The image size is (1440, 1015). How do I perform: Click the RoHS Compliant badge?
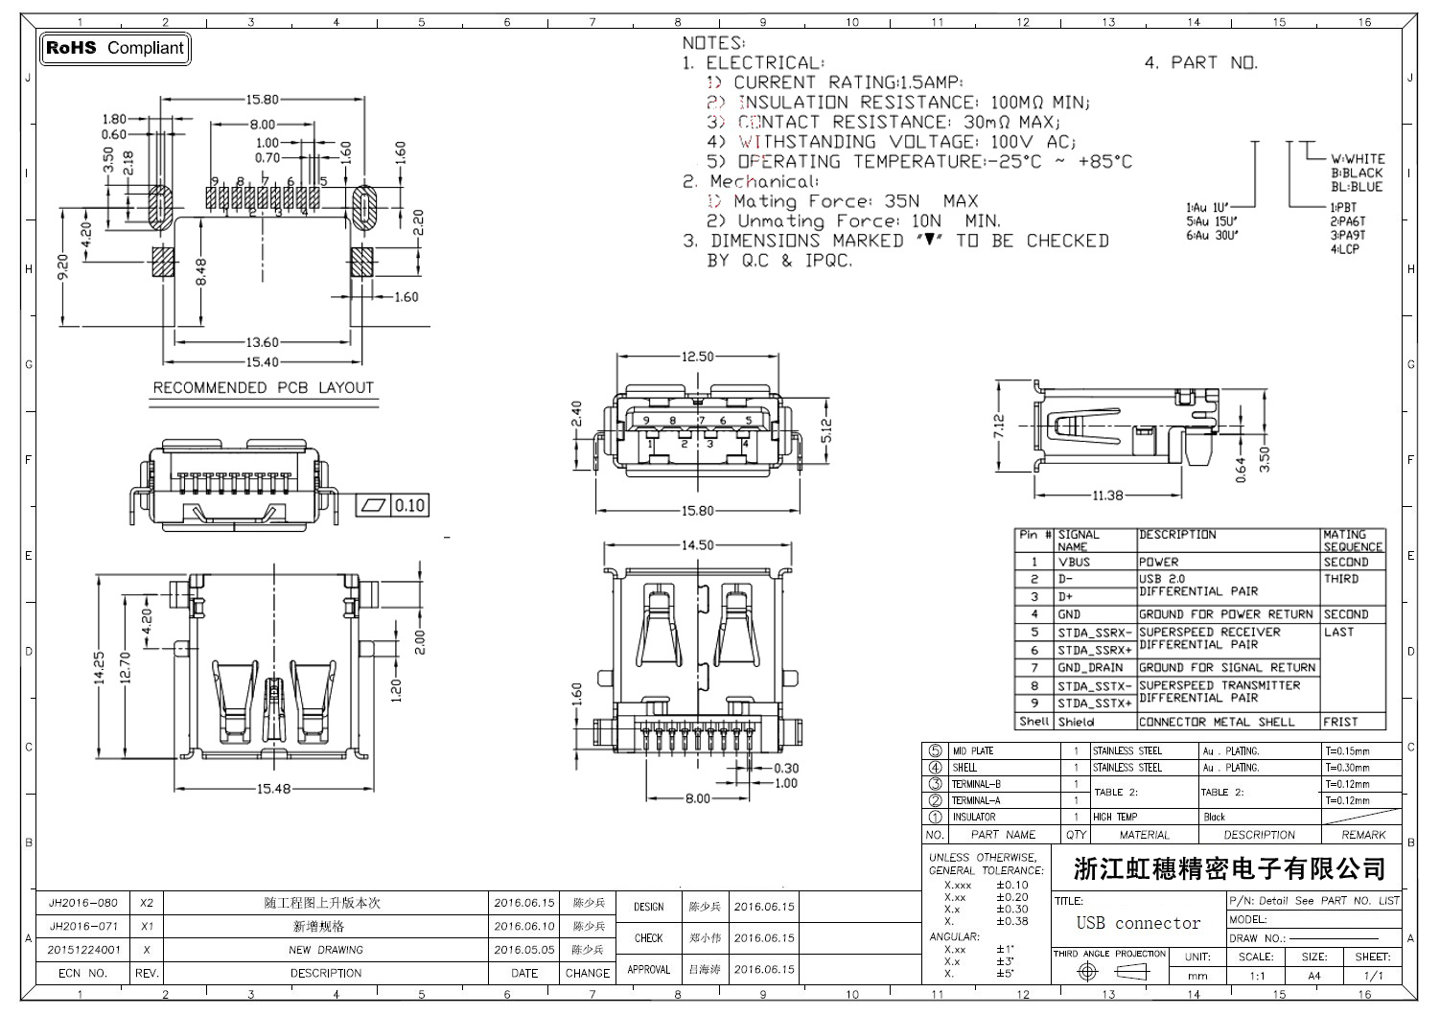tap(114, 48)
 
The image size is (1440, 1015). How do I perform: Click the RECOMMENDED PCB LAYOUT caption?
tap(263, 387)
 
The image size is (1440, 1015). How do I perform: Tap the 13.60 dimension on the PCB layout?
tap(263, 342)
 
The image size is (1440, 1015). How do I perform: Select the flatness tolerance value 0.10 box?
tap(409, 505)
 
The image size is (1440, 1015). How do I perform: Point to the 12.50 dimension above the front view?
tap(697, 357)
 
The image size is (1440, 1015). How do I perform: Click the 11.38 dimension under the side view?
tap(1107, 495)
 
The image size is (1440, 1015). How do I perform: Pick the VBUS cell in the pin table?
tap(1074, 562)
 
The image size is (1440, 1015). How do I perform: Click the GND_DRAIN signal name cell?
tap(1090, 667)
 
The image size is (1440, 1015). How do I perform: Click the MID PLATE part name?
tap(973, 751)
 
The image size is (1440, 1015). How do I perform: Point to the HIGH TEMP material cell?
tap(1115, 817)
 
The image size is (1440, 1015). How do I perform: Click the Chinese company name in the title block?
tap(1230, 868)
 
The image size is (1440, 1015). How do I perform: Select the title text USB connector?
tap(1138, 923)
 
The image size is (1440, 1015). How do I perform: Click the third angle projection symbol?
tap(1110, 972)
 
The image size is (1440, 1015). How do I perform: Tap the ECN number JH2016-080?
tap(83, 903)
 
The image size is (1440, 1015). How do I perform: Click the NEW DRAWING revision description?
tap(326, 950)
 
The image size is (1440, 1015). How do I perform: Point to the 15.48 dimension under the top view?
tap(273, 788)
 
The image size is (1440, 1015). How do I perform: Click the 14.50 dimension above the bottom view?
tap(697, 544)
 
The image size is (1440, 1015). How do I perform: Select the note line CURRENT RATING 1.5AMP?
tap(848, 82)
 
